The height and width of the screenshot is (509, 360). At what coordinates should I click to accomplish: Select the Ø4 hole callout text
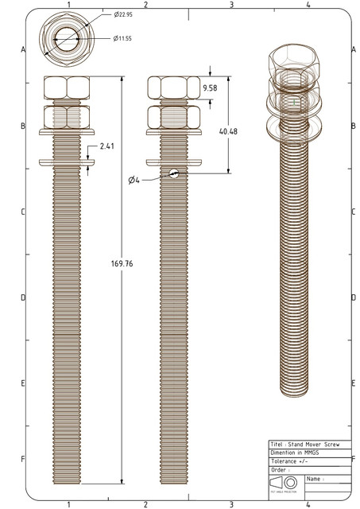click(x=134, y=181)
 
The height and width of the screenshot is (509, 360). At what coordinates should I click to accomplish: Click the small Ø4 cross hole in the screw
click(x=174, y=174)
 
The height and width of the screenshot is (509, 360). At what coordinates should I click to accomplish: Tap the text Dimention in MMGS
click(x=295, y=452)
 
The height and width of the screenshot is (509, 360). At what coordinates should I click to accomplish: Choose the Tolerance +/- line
click(x=291, y=460)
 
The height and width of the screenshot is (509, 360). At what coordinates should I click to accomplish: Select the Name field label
click(x=314, y=479)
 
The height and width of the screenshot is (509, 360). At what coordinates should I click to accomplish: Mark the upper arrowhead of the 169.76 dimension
click(x=122, y=79)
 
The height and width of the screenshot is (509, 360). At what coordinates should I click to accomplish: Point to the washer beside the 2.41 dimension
click(x=67, y=162)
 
